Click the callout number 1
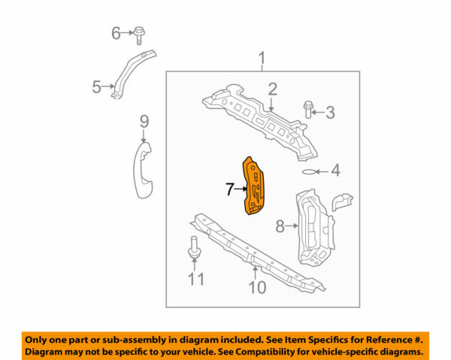tap(262, 58)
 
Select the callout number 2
tap(272, 89)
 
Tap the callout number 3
tap(330, 113)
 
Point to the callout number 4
tap(335, 171)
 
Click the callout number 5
tap(96, 88)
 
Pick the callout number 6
tap(116, 32)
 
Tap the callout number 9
tap(144, 122)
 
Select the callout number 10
tap(257, 286)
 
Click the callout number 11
tap(195, 280)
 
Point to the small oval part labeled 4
tap(310, 171)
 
